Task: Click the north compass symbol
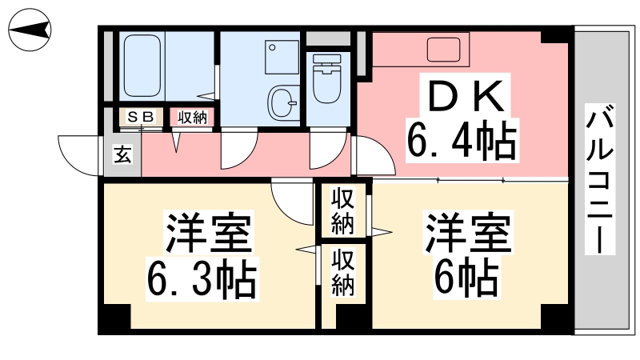coord(30,30)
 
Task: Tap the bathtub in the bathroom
coord(142,66)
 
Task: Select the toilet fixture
coord(327,78)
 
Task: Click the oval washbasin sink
coord(282,102)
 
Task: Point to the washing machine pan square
coord(282,57)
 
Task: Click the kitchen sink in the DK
coord(444,50)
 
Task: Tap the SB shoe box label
coord(141,117)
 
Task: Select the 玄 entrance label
coord(123,154)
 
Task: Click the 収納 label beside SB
coord(192,118)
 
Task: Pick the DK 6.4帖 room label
coord(462,118)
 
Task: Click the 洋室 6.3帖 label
coord(202,255)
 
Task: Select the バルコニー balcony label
coord(599,178)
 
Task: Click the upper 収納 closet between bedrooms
coord(342,211)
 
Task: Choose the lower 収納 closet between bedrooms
coord(342,273)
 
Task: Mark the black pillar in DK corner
coord(554,36)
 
